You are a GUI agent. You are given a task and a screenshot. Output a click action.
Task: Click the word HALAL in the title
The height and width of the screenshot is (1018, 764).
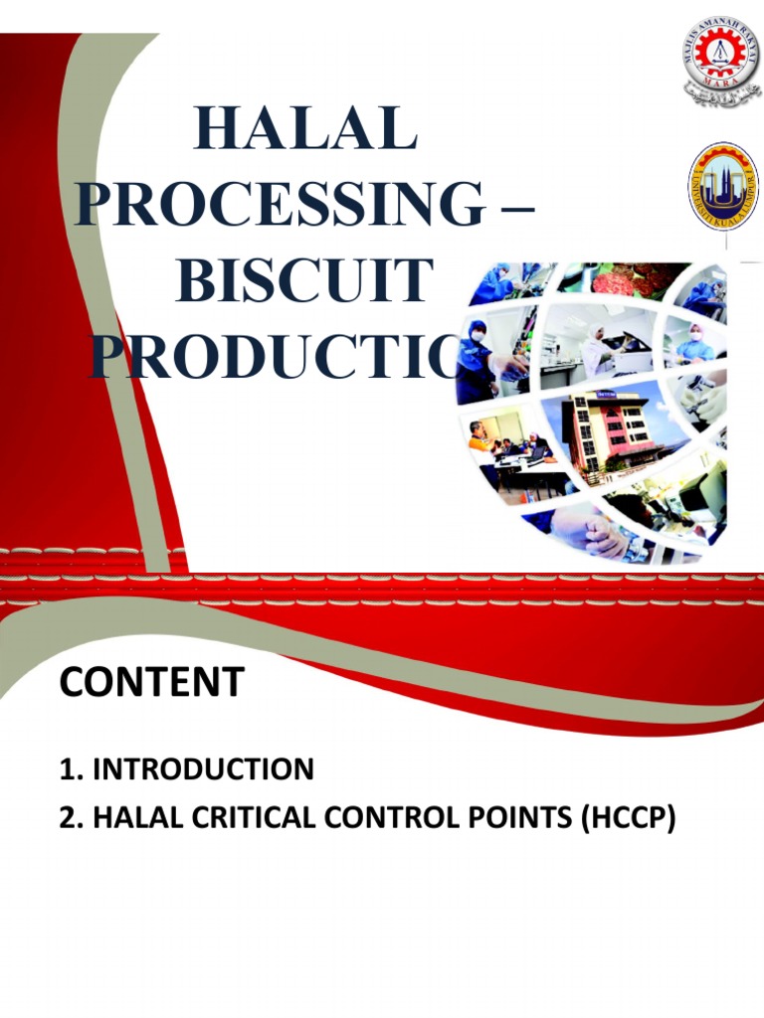coord(305,127)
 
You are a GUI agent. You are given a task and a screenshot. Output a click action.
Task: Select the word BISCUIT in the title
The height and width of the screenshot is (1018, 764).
coord(304,281)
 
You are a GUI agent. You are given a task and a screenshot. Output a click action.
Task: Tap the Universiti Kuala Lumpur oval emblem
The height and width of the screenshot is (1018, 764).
coord(723,184)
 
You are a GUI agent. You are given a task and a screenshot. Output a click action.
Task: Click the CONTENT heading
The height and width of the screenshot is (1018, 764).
coord(151,683)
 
